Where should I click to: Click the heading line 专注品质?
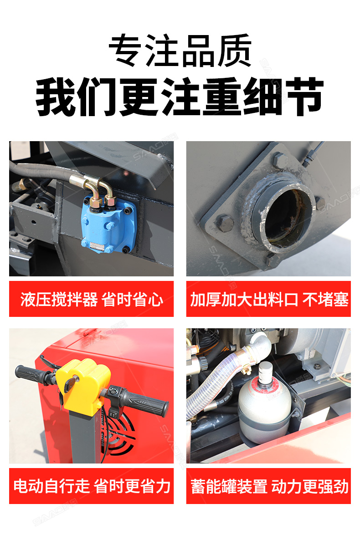pyautogui.click(x=180, y=51)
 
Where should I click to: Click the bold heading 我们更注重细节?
pyautogui.click(x=180, y=97)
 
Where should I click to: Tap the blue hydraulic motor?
pyautogui.click(x=108, y=224)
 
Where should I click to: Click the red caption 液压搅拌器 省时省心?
pyautogui.click(x=92, y=299)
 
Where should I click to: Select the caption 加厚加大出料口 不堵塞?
pyautogui.click(x=269, y=299)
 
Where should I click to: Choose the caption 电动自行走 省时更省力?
pyautogui.click(x=92, y=486)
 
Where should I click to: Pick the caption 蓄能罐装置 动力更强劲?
pyautogui.click(x=269, y=486)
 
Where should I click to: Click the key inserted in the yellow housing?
pyautogui.click(x=70, y=384)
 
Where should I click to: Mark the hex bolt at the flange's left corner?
pyautogui.click(x=224, y=223)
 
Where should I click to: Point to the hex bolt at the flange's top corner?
pyautogui.click(x=279, y=159)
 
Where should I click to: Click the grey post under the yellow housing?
pyautogui.click(x=86, y=436)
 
